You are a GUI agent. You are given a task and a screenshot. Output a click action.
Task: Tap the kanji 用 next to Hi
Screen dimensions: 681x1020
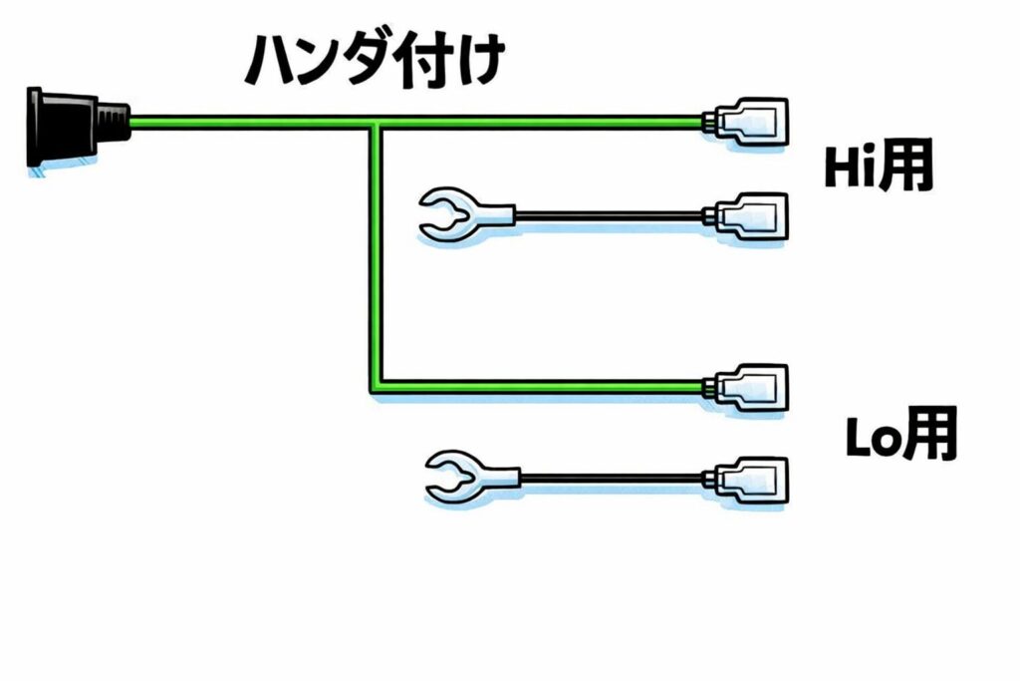click(909, 168)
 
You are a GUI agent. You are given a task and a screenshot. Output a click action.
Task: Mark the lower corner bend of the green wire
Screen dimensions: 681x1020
click(375, 386)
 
